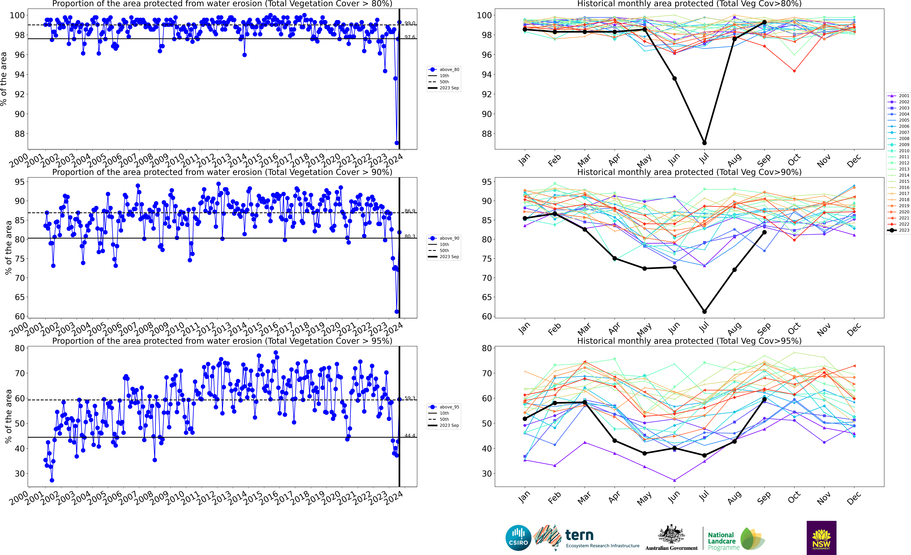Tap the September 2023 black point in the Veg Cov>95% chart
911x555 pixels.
764,400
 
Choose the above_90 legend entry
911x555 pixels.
444,238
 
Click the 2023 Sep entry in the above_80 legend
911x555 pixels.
444,88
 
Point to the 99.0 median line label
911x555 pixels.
410,23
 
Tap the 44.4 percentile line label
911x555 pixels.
410,436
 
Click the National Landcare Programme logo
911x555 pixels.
736,539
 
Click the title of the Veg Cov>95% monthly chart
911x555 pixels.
689,341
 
